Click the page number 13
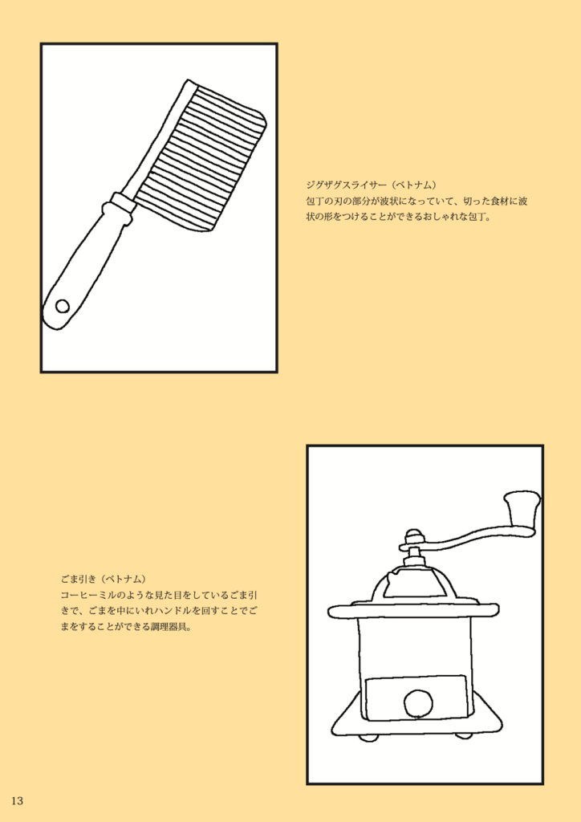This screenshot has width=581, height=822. tap(17, 800)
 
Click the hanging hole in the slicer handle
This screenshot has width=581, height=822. tap(63, 306)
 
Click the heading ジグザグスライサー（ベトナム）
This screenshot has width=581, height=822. tap(372, 185)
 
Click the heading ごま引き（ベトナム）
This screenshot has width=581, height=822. tap(103, 579)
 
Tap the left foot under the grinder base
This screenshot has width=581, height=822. tap(369, 737)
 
